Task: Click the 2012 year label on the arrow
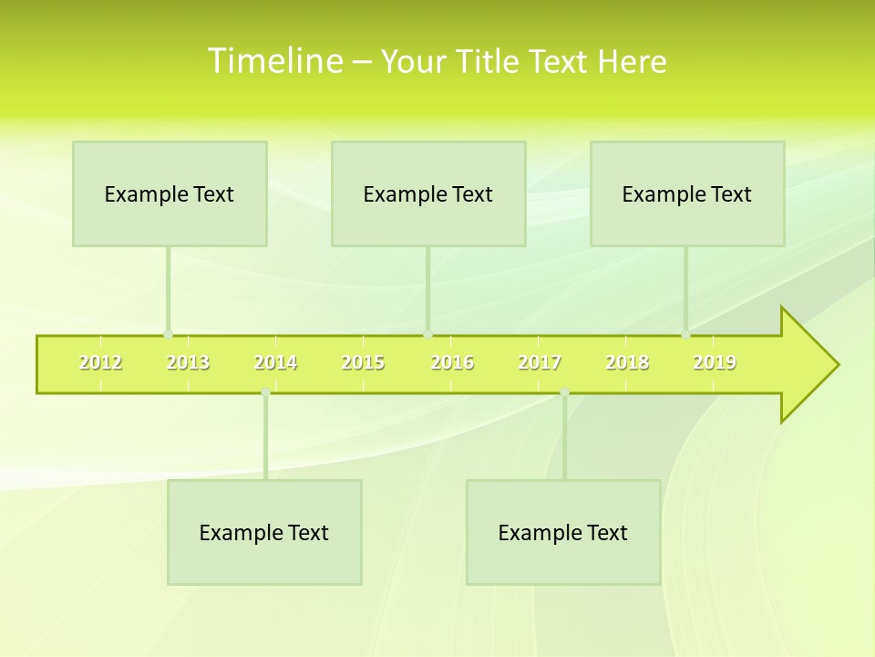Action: [x=100, y=363]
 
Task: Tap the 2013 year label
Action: [x=188, y=363]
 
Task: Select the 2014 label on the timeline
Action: [x=275, y=363]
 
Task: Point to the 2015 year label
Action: [x=363, y=363]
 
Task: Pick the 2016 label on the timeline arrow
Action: [x=452, y=363]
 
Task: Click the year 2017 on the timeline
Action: [x=540, y=363]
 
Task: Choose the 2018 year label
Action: [x=627, y=363]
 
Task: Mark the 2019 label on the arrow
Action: [x=715, y=363]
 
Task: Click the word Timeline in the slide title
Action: [x=273, y=61]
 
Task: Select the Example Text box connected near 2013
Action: [x=170, y=194]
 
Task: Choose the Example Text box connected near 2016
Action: [x=428, y=194]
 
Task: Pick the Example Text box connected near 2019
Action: [x=687, y=194]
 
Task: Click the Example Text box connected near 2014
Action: [x=264, y=533]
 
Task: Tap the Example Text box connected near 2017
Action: [x=563, y=533]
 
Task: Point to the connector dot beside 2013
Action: [x=168, y=334]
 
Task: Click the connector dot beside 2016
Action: [x=427, y=334]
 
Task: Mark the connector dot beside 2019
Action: [x=685, y=334]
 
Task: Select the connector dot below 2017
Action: [x=564, y=392]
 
